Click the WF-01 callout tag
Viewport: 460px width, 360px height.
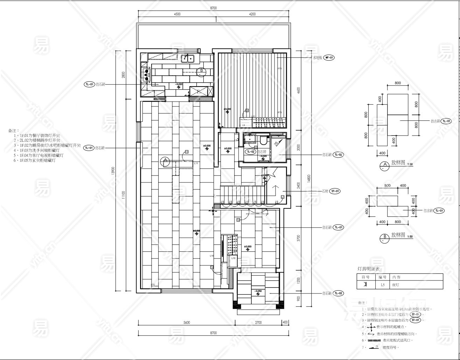tap(329, 57)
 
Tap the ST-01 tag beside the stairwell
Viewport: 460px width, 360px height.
tap(335, 191)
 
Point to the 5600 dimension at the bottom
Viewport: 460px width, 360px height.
tap(186, 323)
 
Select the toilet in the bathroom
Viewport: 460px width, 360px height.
tap(263, 140)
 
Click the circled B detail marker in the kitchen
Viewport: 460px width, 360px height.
tap(201, 71)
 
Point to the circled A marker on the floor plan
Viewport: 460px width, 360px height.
tap(165, 161)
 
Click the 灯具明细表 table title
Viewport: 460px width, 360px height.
tap(368, 269)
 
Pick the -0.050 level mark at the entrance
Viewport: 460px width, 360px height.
tap(258, 291)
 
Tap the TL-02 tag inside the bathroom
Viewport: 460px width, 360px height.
tap(250, 152)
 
